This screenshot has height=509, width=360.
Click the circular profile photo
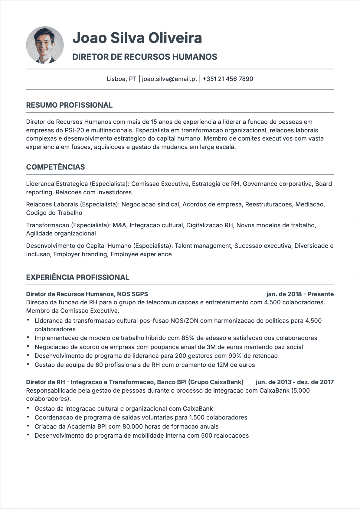(45, 45)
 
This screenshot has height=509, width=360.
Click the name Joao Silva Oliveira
(137, 38)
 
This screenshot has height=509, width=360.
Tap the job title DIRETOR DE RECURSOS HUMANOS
(145, 57)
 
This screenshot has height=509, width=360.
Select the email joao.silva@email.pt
(169, 79)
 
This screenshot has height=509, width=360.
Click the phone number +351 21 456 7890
(228, 79)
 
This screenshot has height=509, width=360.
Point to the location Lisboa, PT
(121, 79)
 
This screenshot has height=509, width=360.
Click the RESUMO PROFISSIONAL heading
(69, 105)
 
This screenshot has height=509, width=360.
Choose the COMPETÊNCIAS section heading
(55, 167)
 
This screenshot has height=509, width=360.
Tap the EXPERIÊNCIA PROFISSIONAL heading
(77, 277)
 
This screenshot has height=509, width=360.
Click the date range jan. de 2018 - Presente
(300, 294)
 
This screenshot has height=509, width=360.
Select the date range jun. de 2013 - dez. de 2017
(294, 382)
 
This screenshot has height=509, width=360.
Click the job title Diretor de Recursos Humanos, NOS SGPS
(87, 294)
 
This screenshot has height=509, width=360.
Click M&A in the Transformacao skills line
(119, 225)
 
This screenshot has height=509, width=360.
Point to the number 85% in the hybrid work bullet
(188, 338)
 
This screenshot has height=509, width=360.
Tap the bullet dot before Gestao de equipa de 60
(28, 364)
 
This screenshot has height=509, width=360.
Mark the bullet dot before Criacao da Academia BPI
(28, 426)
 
